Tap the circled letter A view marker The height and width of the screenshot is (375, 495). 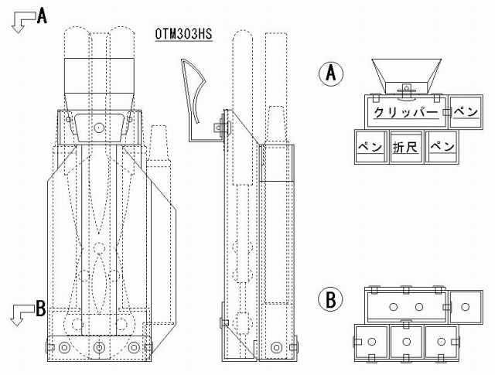[x=330, y=73]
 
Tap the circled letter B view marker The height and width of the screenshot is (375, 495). [x=330, y=299]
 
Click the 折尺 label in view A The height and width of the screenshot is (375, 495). [x=405, y=146]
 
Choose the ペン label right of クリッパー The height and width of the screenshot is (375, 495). [x=466, y=113]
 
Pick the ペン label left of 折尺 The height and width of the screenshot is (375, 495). [x=370, y=146]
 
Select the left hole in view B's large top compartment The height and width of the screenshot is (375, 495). [x=393, y=307]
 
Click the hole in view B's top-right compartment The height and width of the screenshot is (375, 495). [x=464, y=307]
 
